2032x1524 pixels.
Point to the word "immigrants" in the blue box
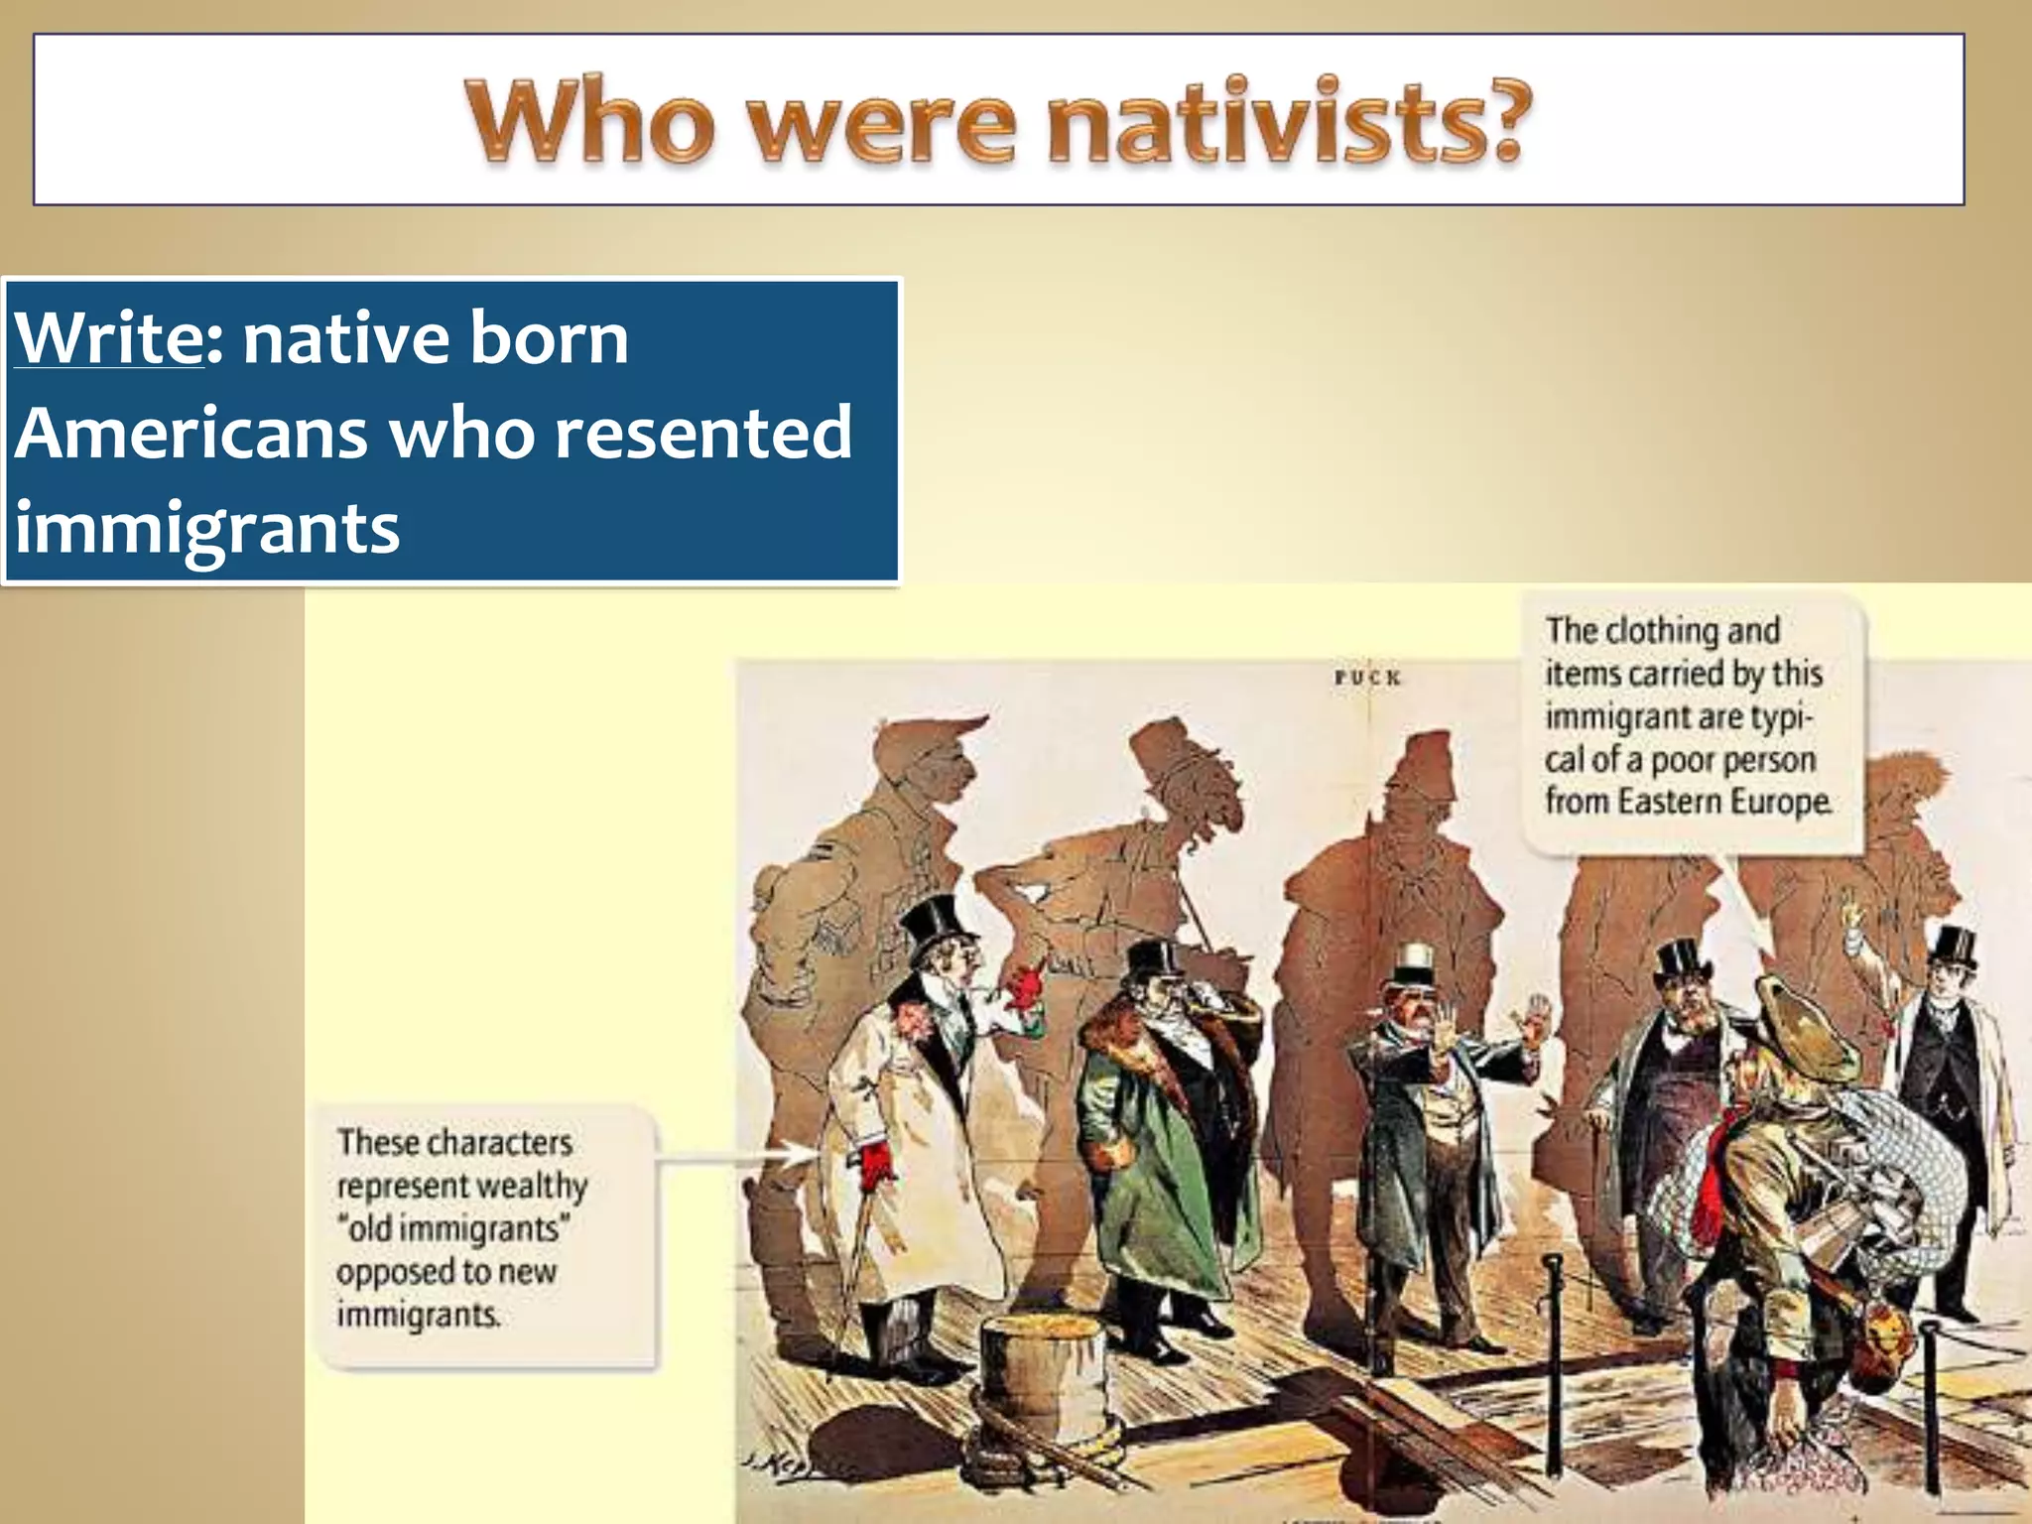click(x=207, y=526)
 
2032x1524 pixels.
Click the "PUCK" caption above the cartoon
click(x=1367, y=679)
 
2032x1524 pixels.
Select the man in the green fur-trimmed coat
click(x=1156, y=1141)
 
